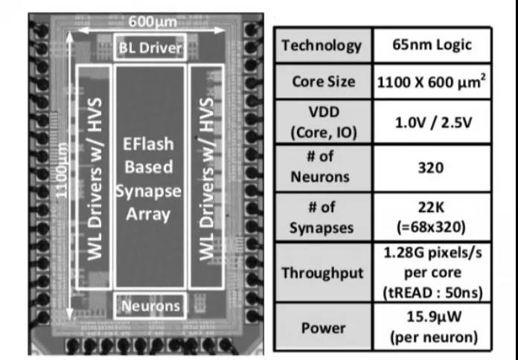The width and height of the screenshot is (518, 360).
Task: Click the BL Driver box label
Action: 150,48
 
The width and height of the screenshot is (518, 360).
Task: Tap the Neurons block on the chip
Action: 150,306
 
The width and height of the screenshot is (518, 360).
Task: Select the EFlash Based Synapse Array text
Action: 148,179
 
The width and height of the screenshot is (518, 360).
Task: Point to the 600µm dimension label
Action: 153,22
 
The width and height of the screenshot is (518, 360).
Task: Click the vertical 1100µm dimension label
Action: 62,170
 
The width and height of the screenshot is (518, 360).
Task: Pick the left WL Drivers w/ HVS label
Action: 95,179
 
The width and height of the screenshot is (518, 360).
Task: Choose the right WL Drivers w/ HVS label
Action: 207,179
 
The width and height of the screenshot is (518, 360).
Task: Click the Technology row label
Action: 322,45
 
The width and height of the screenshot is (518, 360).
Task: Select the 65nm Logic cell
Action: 432,45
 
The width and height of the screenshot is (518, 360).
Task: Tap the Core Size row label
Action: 324,81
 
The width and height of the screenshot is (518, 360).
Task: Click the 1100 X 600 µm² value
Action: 432,82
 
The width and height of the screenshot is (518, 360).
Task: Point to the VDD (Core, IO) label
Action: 324,122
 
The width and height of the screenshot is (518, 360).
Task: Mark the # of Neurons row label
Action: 320,167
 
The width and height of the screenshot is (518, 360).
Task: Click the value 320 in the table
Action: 430,168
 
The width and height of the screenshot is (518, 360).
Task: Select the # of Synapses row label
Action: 322,217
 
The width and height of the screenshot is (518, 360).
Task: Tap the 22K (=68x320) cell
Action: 432,217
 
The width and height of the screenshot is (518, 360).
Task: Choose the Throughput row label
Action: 322,273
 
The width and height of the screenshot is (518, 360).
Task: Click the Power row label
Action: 324,328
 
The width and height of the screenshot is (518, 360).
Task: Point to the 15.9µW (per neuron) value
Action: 434,327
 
